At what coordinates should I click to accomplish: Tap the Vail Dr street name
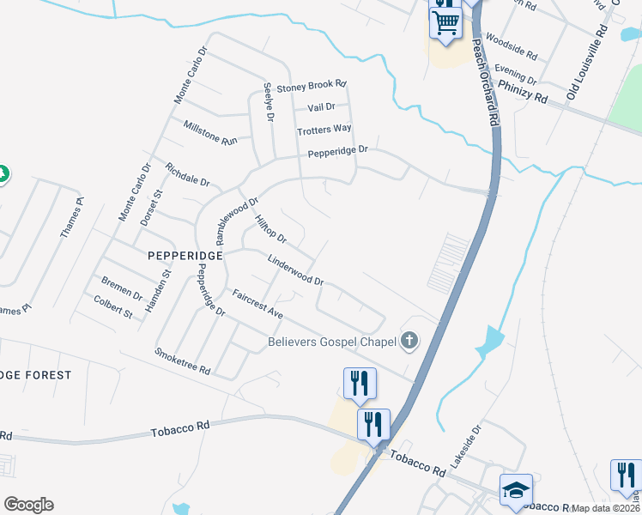[x=320, y=107]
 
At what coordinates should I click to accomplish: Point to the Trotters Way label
[x=324, y=130]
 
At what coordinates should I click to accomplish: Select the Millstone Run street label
[x=210, y=132]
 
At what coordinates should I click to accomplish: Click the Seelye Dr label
[x=268, y=101]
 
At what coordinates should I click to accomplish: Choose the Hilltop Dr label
[x=270, y=227]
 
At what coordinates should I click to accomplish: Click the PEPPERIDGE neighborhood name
[x=185, y=256]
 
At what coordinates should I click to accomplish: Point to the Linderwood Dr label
[x=294, y=270]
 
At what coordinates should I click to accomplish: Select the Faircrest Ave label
[x=257, y=304]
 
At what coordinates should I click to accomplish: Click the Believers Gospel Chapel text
[x=330, y=342]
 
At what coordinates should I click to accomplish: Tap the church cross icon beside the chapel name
[x=409, y=342]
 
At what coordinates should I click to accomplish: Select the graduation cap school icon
[x=515, y=490]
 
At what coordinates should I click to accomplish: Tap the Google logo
[x=29, y=504]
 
